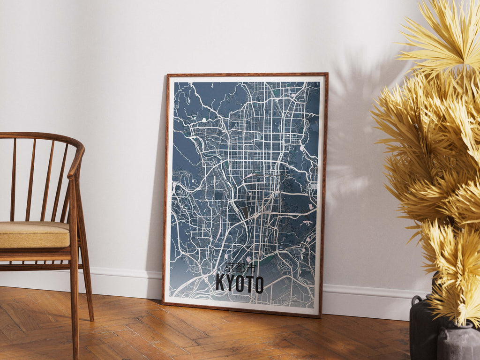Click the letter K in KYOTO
point(220,283)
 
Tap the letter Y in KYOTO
point(230,284)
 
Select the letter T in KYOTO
point(249,284)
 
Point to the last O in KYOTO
point(258,285)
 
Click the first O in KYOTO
point(239,284)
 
